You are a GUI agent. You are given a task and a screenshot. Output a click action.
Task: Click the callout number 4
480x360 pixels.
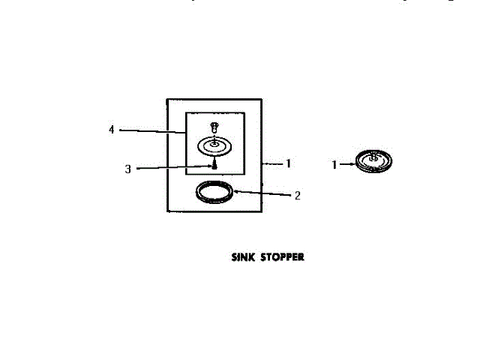click(111, 130)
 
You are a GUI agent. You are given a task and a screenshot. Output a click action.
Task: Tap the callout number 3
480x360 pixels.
click(127, 169)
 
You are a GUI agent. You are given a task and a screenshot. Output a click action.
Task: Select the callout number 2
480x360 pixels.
click(297, 196)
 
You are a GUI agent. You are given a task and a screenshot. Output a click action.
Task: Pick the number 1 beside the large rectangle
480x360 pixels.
click(287, 163)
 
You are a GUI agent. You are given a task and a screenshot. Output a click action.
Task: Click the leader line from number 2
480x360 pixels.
click(262, 193)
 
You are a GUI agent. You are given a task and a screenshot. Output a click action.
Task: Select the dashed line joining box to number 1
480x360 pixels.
click(271, 163)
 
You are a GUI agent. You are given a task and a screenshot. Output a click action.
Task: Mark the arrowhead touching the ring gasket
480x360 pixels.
click(234, 191)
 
